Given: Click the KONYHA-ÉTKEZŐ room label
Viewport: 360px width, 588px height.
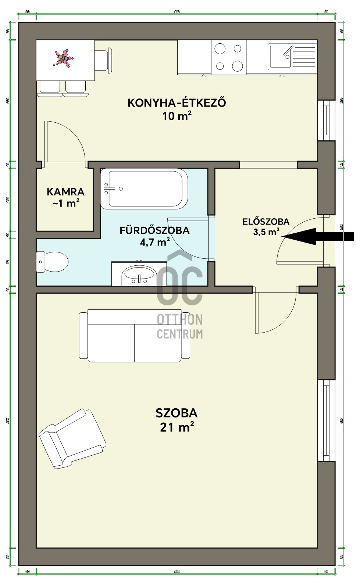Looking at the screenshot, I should (x=177, y=103).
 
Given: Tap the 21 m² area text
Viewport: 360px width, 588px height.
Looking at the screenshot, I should (x=177, y=427).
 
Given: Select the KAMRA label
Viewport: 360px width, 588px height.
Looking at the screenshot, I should (x=65, y=191).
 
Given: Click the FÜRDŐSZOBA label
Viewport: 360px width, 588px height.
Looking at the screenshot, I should (x=154, y=230).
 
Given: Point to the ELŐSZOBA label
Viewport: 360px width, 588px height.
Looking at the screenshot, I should (x=265, y=222).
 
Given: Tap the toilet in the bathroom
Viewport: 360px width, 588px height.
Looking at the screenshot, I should (x=53, y=262).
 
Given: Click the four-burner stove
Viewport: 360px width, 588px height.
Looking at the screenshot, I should (x=228, y=57).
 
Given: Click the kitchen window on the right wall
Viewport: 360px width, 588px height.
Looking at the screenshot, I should (x=326, y=120).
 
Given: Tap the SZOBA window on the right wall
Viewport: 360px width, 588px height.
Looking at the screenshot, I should (x=326, y=420).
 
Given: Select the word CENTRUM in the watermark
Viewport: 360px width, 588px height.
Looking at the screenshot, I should (x=179, y=334).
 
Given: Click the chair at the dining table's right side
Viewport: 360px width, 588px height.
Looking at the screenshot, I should (x=103, y=61).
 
